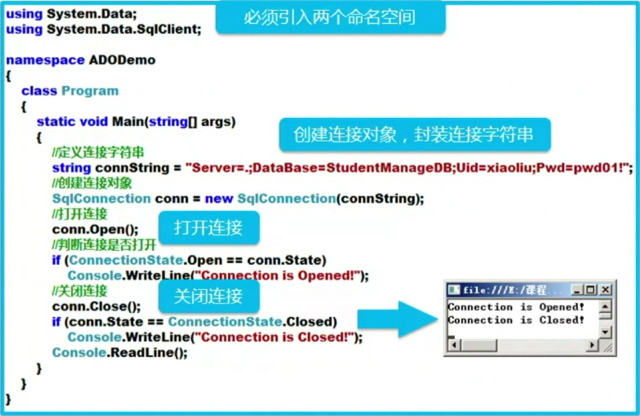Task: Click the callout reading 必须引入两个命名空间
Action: pyautogui.click(x=330, y=17)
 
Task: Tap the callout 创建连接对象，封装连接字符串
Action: pyautogui.click(x=414, y=134)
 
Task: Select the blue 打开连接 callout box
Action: pyautogui.click(x=209, y=228)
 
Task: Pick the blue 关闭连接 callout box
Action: pyautogui.click(x=209, y=296)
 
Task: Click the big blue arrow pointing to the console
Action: pyautogui.click(x=398, y=320)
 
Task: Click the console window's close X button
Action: pyautogui.click(x=605, y=290)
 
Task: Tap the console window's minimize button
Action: pyautogui.click(x=577, y=290)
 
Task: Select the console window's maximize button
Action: pyautogui.click(x=591, y=290)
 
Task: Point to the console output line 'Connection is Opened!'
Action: pyautogui.click(x=516, y=307)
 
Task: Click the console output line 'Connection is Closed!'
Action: pyautogui.click(x=516, y=320)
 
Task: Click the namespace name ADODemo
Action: pyautogui.click(x=122, y=60)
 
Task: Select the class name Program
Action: pyautogui.click(x=90, y=91)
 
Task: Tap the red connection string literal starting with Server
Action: pyautogui.click(x=408, y=168)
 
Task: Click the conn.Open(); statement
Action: pyautogui.click(x=95, y=230)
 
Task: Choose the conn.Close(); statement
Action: pyautogui.click(x=96, y=306)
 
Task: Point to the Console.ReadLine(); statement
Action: pyautogui.click(x=120, y=353)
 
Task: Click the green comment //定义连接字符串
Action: pyautogui.click(x=98, y=153)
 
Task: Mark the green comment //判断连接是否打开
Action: pyautogui.click(x=104, y=245)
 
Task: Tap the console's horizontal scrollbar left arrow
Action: pyautogui.click(x=453, y=345)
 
